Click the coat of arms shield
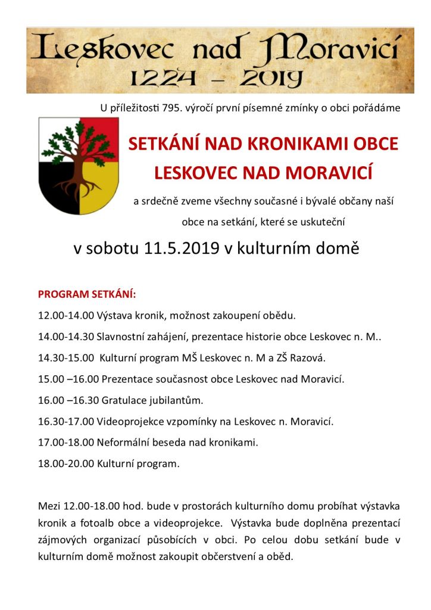pos(79,165)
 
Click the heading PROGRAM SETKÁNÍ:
pos(87,294)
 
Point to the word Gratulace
pos(126,400)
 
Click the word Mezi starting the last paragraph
pos(49,506)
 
